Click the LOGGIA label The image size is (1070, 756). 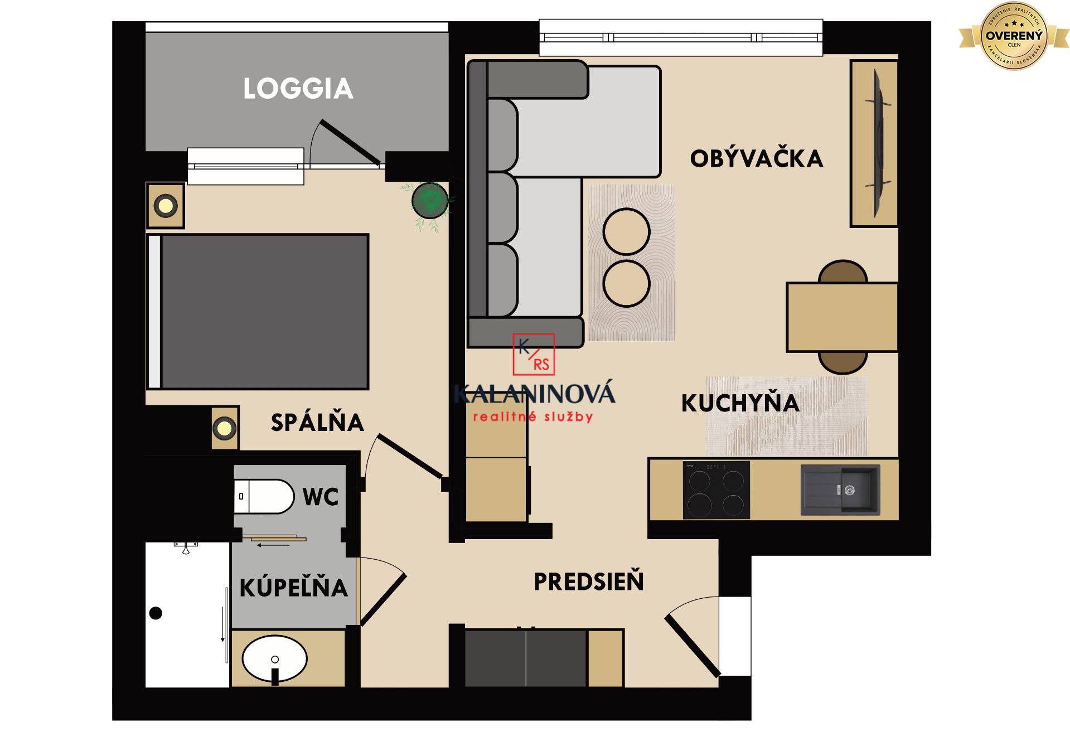coord(298,89)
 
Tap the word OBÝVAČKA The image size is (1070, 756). coord(756,159)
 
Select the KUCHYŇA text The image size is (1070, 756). coord(740,403)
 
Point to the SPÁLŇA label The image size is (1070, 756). coord(317,423)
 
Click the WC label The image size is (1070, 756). coord(321,497)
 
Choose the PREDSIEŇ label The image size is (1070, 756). coord(588,581)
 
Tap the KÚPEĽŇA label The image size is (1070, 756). coord(293,588)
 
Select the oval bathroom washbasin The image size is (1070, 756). coord(274,658)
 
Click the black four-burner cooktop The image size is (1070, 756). coord(716,490)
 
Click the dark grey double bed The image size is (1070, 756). coord(262,311)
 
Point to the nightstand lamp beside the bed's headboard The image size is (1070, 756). coord(166,206)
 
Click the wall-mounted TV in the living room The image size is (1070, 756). coord(877,143)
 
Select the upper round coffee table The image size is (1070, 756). coord(626,232)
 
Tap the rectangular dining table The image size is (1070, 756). coord(841,317)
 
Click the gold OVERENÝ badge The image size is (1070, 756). coord(1013,36)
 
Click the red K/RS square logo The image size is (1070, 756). coord(534,355)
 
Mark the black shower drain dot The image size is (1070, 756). coord(156,613)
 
